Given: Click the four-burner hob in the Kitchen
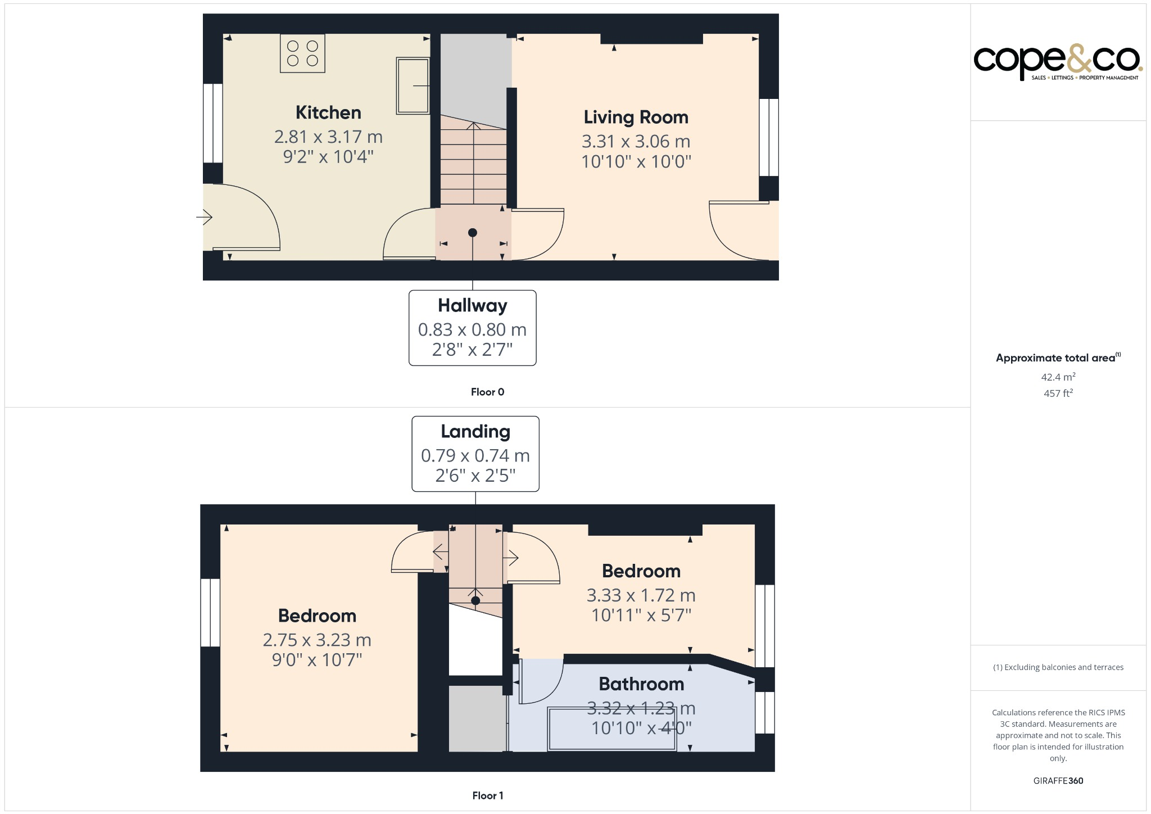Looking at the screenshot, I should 302,53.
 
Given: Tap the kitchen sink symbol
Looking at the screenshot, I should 413,85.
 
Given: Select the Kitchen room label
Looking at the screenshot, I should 328,112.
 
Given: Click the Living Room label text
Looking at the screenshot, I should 636,117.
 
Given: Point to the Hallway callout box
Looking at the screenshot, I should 472,328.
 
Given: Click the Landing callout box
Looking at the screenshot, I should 475,454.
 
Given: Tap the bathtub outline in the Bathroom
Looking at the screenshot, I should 611,729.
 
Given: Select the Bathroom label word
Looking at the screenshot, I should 641,684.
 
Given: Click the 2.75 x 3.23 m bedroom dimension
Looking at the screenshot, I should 317,640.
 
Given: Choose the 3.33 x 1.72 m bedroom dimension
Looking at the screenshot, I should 641,595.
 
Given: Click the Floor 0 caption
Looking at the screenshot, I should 487,392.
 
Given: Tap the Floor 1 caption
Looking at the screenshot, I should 487,795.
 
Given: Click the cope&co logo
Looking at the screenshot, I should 1057,61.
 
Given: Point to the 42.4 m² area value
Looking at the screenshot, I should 1058,377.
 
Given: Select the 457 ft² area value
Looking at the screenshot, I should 1058,393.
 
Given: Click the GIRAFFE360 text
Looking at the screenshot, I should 1058,780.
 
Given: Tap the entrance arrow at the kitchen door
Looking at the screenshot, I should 204,216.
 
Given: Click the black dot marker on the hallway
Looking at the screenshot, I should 472,233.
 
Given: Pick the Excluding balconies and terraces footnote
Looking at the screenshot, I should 1058,667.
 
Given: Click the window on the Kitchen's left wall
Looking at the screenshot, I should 213,123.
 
